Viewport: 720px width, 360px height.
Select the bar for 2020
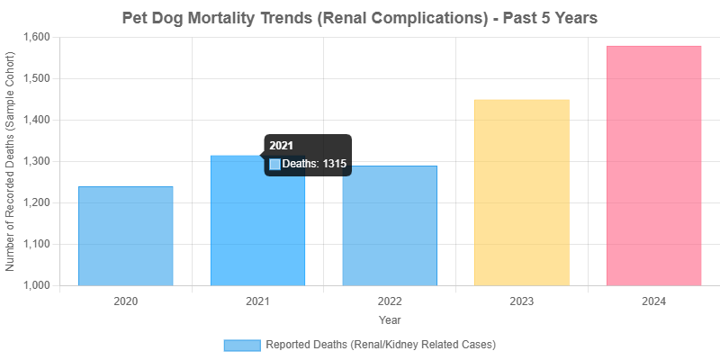[x=126, y=236]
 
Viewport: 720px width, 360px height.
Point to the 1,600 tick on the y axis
[x=37, y=37]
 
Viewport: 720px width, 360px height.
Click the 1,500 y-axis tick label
[x=37, y=78]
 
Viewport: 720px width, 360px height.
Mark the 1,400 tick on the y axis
[x=37, y=120]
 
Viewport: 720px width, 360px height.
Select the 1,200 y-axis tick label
[x=37, y=202]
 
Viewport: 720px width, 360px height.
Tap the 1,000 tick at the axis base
[x=37, y=285]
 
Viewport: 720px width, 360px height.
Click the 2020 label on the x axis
[x=126, y=301]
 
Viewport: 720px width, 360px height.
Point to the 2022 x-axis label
[x=390, y=301]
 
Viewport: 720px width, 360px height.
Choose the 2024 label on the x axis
[x=653, y=301]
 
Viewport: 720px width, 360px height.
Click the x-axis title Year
[x=390, y=319]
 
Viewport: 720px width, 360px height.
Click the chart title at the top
[x=360, y=17]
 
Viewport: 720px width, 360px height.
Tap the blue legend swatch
[x=241, y=345]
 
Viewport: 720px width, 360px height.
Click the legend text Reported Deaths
[x=381, y=345]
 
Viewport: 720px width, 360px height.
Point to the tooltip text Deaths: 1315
[x=314, y=165]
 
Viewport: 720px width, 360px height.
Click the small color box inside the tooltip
[x=275, y=165]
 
